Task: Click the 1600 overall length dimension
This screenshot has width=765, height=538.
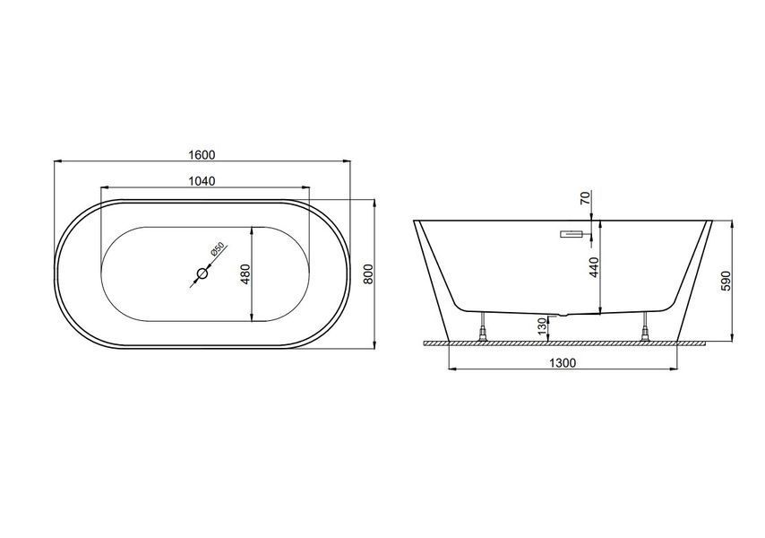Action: tap(202, 155)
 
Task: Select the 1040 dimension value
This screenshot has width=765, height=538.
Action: tap(202, 181)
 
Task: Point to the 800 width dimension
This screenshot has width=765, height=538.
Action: tap(368, 273)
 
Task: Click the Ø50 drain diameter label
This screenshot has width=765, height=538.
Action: tap(217, 249)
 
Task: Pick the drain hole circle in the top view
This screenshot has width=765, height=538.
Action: tap(202, 273)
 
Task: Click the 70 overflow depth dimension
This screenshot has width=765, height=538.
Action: tap(586, 198)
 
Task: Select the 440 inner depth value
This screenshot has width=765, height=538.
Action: tap(594, 267)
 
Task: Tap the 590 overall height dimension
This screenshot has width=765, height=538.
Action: tap(726, 281)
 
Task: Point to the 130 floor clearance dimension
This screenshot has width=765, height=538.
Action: tap(542, 326)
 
